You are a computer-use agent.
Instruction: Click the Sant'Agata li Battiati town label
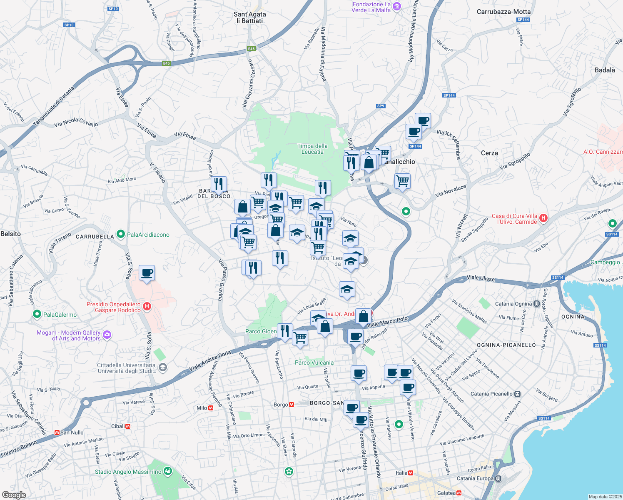pos(249,17)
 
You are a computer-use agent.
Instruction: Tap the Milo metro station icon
pos(211,408)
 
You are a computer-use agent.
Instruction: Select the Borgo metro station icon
pos(292,405)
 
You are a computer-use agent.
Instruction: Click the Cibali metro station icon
pos(128,426)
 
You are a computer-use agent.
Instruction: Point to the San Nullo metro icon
pos(57,432)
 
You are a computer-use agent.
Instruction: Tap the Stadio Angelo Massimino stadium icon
pos(168,471)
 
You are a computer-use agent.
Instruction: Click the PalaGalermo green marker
pos(37,314)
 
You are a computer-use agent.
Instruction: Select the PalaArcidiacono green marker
pos(121,234)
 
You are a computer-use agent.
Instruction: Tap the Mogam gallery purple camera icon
pos(107,335)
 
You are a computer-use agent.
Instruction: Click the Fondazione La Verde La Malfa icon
pos(397,6)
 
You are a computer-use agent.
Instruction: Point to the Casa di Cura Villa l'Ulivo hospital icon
pos(543,218)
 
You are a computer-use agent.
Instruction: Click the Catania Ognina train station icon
pos(537,304)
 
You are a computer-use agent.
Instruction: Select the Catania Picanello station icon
pos(517,394)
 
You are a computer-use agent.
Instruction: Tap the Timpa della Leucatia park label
pos(312,149)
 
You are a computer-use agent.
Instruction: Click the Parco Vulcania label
pos(314,362)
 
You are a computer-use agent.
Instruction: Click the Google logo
pos(14,495)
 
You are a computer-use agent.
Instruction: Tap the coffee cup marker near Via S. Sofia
pos(147,273)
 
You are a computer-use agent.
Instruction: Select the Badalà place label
pos(605,70)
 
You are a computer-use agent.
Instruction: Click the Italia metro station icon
pos(411,473)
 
